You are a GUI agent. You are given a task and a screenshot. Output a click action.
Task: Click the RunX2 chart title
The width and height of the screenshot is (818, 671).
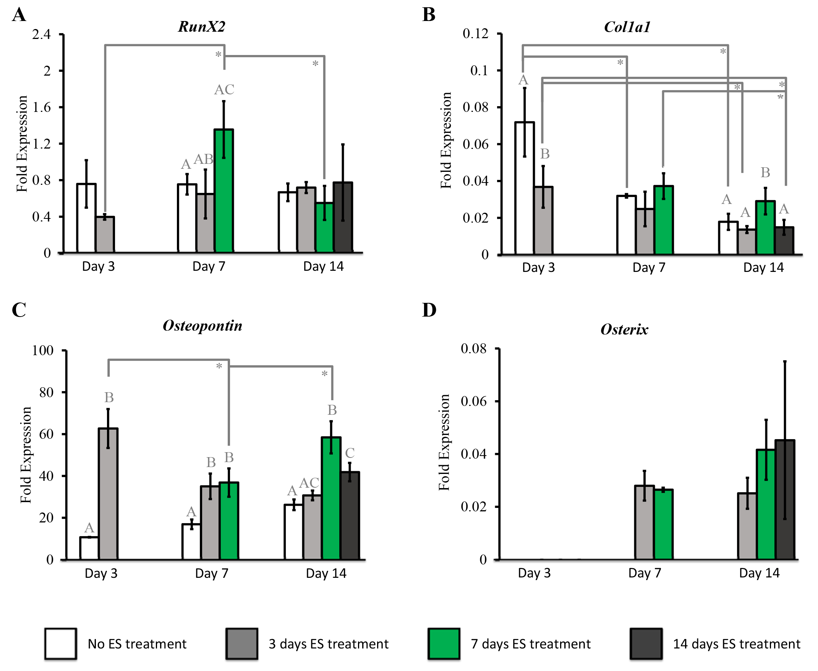point(201,27)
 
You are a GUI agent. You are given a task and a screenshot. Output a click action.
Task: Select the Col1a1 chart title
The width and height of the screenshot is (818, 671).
point(627,27)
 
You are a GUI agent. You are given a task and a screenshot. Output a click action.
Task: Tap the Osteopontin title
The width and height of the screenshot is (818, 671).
point(202,325)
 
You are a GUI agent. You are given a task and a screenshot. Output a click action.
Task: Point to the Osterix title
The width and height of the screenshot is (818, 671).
point(624,329)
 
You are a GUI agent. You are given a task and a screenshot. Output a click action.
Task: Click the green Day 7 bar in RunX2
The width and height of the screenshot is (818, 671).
point(224,191)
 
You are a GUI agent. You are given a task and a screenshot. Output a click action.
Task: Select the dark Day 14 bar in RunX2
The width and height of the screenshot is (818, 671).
point(342,217)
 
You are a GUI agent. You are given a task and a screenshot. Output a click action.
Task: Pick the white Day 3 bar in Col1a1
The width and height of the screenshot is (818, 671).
point(525,188)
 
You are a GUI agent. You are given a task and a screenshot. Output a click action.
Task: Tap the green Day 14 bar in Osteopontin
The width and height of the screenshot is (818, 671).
point(331,498)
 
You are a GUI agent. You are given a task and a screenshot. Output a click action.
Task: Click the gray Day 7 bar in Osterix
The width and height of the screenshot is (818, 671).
point(644,522)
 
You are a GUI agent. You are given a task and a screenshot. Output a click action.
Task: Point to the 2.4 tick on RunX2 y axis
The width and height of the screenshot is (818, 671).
point(41,34)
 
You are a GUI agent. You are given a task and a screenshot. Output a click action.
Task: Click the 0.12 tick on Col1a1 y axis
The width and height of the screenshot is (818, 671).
point(476,34)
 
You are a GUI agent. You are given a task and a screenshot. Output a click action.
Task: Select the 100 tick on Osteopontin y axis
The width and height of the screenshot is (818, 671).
point(42,351)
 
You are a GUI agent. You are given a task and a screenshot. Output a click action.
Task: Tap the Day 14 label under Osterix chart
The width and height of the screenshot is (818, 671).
point(759,573)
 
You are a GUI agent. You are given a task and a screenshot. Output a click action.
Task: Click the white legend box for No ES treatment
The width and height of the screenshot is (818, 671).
point(60,644)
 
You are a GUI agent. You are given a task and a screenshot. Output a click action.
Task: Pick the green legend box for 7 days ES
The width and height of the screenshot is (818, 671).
point(444,644)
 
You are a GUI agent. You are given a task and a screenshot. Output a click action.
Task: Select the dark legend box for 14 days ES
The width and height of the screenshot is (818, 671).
point(646,644)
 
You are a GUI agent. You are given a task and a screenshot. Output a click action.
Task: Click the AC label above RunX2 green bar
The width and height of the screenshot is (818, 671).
point(224,90)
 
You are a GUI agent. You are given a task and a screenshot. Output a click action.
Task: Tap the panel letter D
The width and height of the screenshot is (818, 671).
point(429,310)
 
